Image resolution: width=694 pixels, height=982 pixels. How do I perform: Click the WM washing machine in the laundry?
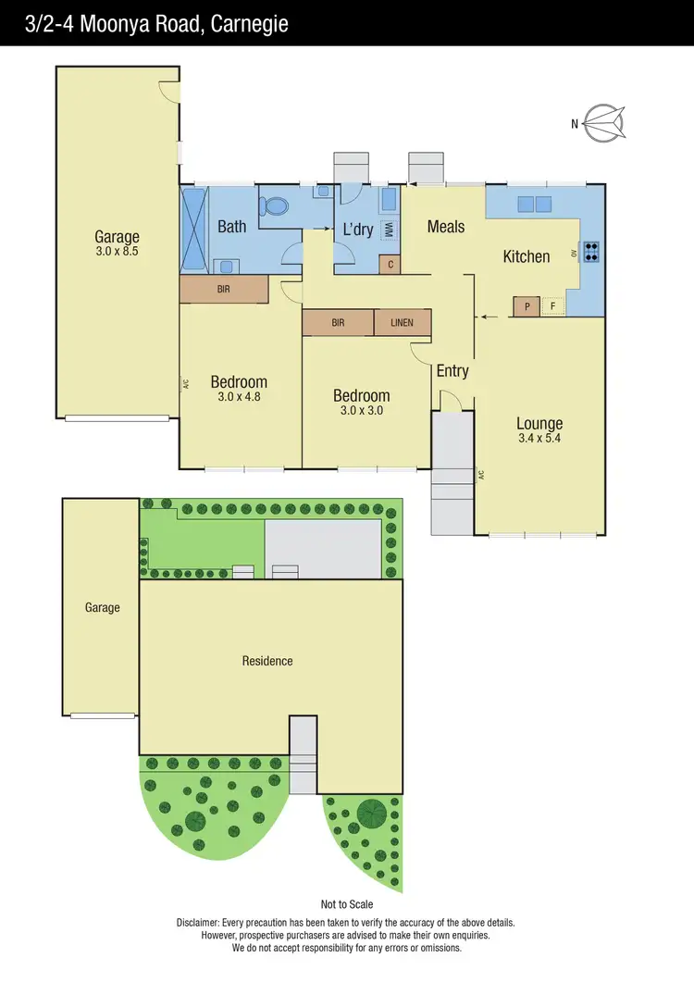[x=390, y=229]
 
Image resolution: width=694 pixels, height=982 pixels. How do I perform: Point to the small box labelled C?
[x=390, y=265]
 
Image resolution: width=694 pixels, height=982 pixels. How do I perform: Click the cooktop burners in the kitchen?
[x=590, y=251]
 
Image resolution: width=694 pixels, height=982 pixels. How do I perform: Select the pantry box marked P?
[x=527, y=306]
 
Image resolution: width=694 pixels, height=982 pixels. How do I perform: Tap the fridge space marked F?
[x=553, y=306]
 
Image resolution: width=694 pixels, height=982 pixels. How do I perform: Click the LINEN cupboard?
[x=403, y=322]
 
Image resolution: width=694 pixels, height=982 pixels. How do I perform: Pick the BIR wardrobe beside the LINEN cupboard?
[x=338, y=322]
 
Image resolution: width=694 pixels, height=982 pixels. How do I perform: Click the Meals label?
[x=446, y=226]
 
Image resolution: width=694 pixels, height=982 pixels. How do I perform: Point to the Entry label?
[x=452, y=371]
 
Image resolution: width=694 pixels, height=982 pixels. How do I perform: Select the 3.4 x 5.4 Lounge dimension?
[x=539, y=440]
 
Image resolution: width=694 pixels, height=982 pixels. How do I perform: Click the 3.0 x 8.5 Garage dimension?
[x=117, y=251]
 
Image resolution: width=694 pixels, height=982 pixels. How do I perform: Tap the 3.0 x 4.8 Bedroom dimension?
[x=239, y=396]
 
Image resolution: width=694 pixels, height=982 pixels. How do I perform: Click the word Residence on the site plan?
[x=267, y=661]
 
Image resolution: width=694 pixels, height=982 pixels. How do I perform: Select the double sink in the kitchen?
[x=534, y=204]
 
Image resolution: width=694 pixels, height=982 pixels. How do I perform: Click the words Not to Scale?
[x=347, y=904]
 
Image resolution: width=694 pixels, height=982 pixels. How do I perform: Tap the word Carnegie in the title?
[x=250, y=23]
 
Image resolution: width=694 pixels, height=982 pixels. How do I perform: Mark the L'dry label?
[x=357, y=230]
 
